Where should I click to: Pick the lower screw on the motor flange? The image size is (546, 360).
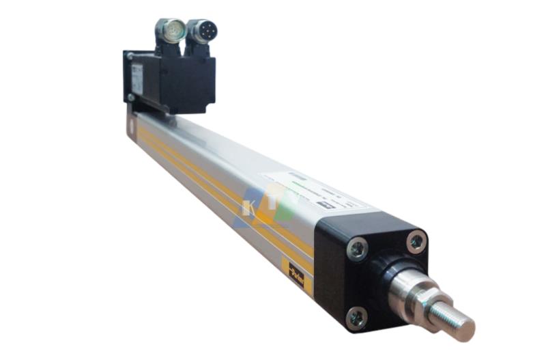pos(130,98)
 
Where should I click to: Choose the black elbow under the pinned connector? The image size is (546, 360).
pos(198,49)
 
